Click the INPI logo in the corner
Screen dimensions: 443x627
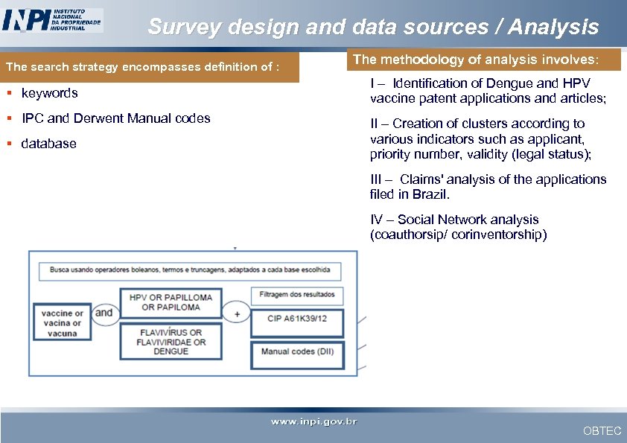(x=52, y=20)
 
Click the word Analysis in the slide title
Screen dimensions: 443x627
(x=553, y=28)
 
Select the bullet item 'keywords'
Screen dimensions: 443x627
(x=49, y=93)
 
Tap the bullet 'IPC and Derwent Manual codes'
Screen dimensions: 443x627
(x=115, y=118)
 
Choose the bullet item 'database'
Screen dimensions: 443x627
(x=48, y=144)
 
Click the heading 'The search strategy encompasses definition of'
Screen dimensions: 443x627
(x=142, y=67)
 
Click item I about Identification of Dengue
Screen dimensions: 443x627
(x=488, y=91)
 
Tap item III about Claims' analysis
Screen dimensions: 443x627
(x=488, y=187)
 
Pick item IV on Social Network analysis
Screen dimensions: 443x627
(x=458, y=227)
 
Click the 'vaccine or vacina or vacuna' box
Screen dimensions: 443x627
(x=63, y=323)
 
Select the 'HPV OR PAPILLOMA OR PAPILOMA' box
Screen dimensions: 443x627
(x=171, y=302)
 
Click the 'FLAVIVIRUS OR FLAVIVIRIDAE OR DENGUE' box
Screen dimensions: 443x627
(x=171, y=342)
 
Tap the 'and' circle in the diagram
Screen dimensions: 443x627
(x=104, y=313)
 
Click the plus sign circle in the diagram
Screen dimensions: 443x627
(x=237, y=313)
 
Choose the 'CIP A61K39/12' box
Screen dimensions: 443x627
(x=297, y=322)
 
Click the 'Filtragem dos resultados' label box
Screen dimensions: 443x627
(x=297, y=295)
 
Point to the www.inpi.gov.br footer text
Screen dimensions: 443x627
(x=313, y=422)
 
